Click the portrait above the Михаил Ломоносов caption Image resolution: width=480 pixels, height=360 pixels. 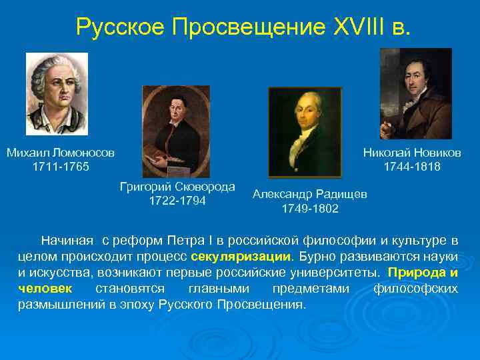coord(57,94)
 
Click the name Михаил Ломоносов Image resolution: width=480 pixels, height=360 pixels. coord(61,153)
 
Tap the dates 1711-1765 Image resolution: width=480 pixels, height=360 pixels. coord(61,166)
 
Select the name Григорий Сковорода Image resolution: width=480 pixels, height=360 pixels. coord(177,187)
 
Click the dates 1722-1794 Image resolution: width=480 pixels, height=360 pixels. coord(177,201)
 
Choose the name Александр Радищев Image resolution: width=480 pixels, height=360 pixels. coord(309,194)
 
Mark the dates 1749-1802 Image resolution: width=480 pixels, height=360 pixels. coord(309,209)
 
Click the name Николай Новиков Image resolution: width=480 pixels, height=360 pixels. coord(412,153)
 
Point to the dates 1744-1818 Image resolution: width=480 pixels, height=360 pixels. coord(412,166)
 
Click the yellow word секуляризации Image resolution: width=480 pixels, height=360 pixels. coord(241,256)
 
